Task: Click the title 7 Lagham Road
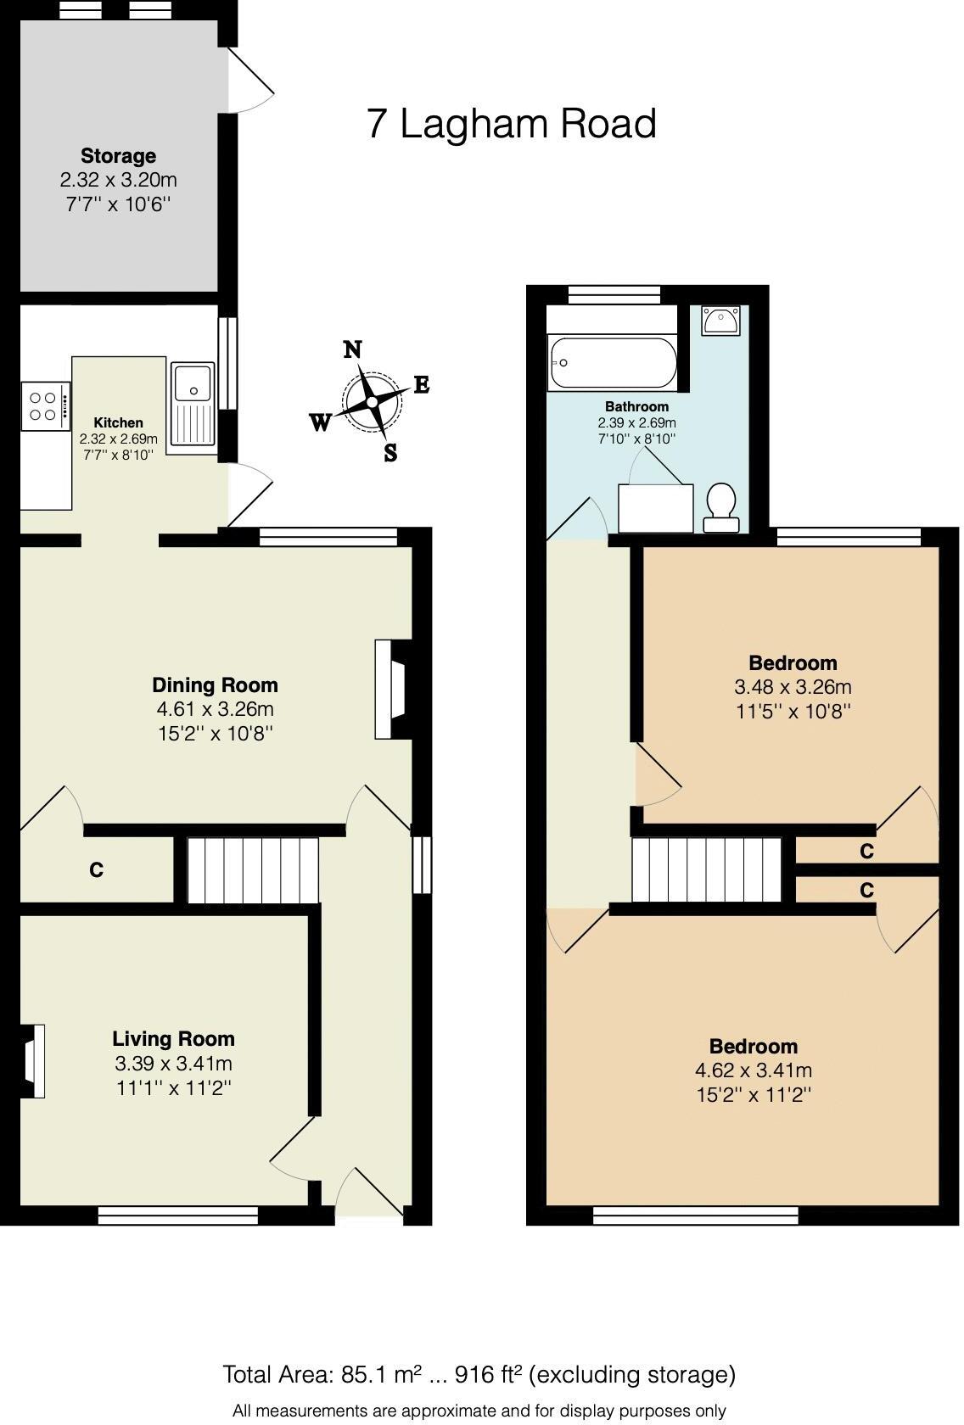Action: tap(512, 124)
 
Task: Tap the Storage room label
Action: tap(118, 156)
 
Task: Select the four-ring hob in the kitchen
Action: tap(45, 406)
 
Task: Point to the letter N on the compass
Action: tap(353, 349)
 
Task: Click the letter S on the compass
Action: tap(390, 453)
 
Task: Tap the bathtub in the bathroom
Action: tap(613, 363)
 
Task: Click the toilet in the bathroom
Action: tap(721, 507)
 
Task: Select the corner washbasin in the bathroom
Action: tap(720, 321)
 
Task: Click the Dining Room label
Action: tap(215, 685)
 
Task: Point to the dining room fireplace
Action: tap(392, 688)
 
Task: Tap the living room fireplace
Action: tap(32, 1061)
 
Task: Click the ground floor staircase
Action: tap(252, 871)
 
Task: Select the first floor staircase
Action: tap(706, 869)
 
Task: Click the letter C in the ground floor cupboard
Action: tap(97, 870)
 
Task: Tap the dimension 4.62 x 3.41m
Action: tap(753, 1070)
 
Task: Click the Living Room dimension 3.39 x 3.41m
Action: tap(173, 1064)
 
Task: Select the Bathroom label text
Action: tap(636, 406)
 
